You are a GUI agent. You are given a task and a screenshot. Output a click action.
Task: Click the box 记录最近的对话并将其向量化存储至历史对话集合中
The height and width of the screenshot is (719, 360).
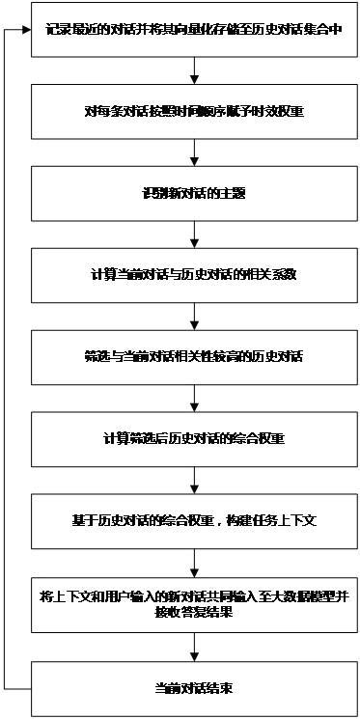click(x=194, y=31)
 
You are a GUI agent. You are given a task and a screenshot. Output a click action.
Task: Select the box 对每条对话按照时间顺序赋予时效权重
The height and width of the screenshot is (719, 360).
click(x=194, y=112)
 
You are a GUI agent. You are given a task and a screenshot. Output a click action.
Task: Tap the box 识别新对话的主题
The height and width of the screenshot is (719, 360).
click(x=194, y=193)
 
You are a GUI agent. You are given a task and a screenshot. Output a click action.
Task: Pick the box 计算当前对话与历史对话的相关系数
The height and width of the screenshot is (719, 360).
click(x=194, y=275)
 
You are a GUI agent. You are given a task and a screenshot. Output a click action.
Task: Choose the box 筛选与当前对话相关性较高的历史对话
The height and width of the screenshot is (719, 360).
click(x=194, y=356)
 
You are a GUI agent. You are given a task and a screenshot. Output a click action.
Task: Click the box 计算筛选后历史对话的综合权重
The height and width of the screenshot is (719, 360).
click(x=194, y=438)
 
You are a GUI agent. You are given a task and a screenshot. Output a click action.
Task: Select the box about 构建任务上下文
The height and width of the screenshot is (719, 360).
click(x=194, y=519)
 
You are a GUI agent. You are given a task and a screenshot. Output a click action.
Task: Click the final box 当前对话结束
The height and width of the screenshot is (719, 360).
click(x=194, y=688)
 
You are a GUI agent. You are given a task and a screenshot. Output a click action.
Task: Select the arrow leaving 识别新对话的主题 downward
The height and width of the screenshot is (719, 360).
click(x=194, y=235)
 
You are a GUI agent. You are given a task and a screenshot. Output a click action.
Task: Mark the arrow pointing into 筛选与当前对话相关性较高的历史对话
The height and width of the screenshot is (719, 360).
click(x=194, y=316)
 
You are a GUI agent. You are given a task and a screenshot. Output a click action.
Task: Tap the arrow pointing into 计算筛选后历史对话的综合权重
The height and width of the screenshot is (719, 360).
click(x=194, y=397)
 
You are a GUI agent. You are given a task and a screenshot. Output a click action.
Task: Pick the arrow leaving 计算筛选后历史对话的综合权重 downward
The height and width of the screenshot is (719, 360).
click(x=194, y=479)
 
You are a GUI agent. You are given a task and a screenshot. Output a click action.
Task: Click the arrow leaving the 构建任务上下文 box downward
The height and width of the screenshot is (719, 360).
click(x=194, y=562)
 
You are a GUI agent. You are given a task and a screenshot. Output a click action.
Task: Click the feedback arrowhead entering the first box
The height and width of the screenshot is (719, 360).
click(x=27, y=31)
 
